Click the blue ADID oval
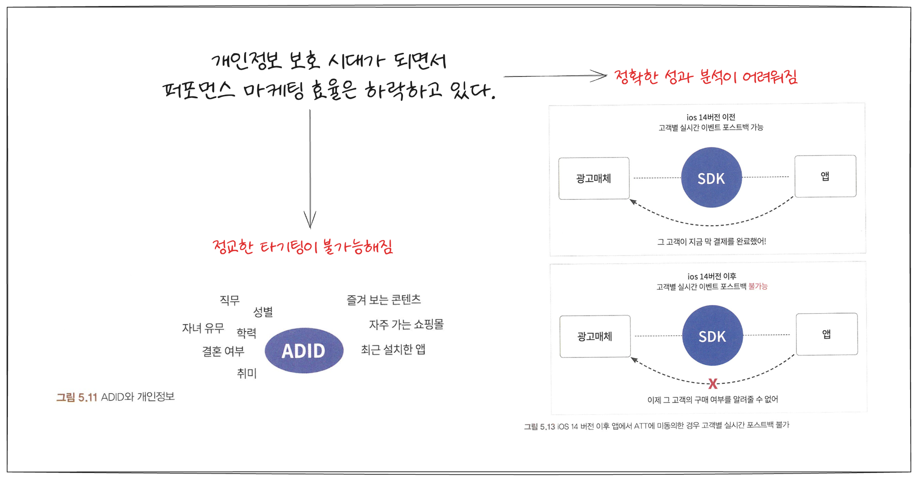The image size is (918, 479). pyautogui.click(x=304, y=350)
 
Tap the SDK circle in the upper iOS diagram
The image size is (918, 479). pyautogui.click(x=711, y=177)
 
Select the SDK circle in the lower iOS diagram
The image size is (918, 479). pyautogui.click(x=712, y=335)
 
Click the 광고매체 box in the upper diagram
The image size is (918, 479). pyautogui.click(x=594, y=178)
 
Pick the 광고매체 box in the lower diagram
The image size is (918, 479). pyautogui.click(x=595, y=336)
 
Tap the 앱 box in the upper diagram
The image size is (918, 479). pyautogui.click(x=825, y=176)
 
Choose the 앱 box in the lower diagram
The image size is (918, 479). pyautogui.click(x=827, y=334)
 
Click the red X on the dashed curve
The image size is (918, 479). pyautogui.click(x=713, y=383)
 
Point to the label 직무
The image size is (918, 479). pyautogui.click(x=229, y=300)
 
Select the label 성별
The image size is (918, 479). pyautogui.click(x=263, y=312)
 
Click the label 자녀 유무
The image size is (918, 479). pyautogui.click(x=203, y=328)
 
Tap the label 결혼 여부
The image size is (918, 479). pyautogui.click(x=223, y=351)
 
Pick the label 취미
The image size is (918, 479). pyautogui.click(x=246, y=373)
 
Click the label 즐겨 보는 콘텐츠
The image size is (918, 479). pyautogui.click(x=384, y=300)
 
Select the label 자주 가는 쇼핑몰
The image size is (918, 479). pyautogui.click(x=406, y=325)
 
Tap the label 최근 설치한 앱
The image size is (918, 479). pyautogui.click(x=393, y=349)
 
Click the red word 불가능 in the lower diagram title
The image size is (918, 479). pyautogui.click(x=758, y=286)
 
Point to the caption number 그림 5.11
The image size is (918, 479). pyautogui.click(x=77, y=397)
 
